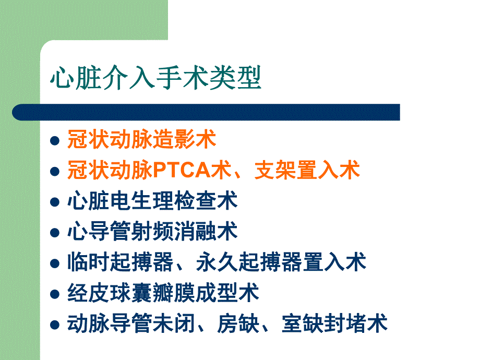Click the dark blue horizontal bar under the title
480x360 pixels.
click(206, 112)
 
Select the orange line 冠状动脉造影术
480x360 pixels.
click(141, 140)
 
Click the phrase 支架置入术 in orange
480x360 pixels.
click(307, 170)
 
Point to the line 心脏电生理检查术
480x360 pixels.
click(152, 201)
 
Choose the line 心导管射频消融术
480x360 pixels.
click(152, 232)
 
